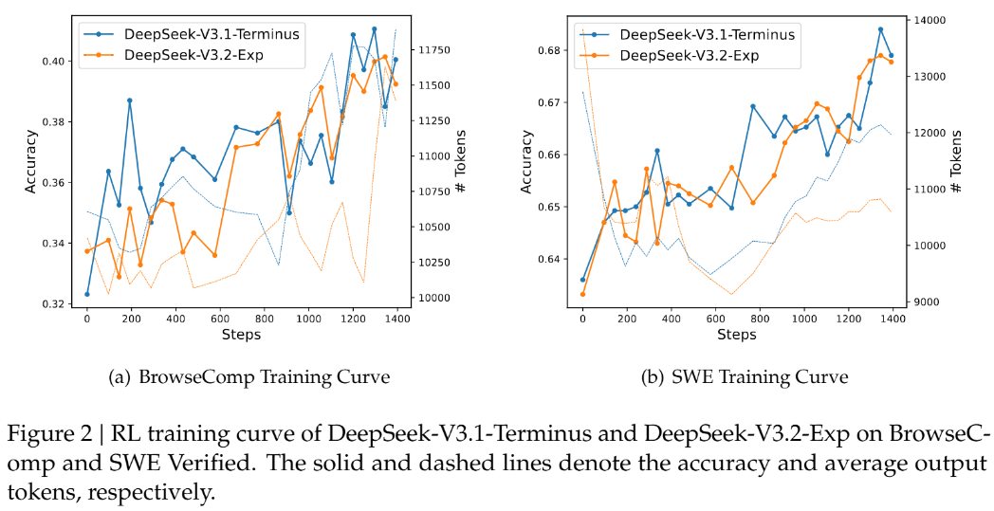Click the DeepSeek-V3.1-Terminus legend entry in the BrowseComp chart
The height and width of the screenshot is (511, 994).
[x=212, y=34]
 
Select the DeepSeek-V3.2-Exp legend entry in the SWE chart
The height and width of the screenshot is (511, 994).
[x=689, y=55]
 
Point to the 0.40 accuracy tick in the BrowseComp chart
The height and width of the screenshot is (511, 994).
[x=55, y=62]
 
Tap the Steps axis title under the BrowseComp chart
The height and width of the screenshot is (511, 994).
[x=241, y=335]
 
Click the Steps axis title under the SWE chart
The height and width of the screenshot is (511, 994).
[x=736, y=335]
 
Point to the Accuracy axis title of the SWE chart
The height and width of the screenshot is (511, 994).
[x=528, y=162]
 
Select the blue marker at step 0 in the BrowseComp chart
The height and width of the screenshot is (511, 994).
[x=87, y=294]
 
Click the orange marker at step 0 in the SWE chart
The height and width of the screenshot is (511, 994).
[x=582, y=294]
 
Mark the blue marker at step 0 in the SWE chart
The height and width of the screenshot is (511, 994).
[x=582, y=280]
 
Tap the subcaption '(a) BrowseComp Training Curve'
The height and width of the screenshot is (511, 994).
[x=249, y=377]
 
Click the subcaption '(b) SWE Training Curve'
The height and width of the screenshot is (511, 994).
[x=745, y=377]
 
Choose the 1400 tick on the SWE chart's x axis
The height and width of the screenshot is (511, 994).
[x=891, y=319]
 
